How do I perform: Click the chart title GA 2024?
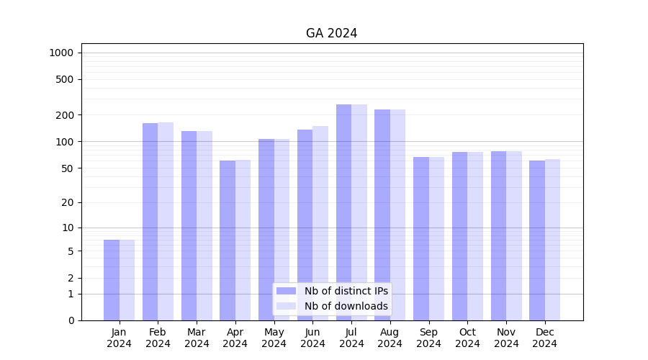331,33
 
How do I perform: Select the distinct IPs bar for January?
112,280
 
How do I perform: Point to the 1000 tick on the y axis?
61,53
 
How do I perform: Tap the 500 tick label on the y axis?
65,79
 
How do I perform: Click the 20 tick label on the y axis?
67,202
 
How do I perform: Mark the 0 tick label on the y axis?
71,320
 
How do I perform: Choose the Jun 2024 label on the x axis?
312,338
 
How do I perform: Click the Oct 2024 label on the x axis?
467,338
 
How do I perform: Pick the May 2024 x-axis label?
274,338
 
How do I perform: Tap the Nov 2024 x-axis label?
506,338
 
